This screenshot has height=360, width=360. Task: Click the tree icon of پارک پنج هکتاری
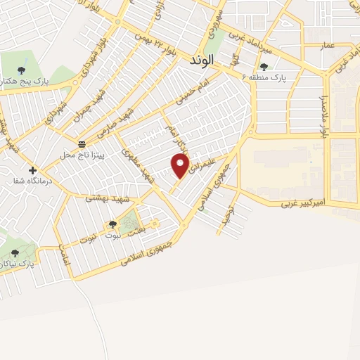coord(21,70)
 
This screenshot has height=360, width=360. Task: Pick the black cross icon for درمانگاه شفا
coord(32,170)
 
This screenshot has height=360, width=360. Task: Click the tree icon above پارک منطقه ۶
coord(264,66)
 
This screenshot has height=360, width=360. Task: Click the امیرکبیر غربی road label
coord(304,205)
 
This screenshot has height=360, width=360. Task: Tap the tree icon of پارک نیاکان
coord(15,253)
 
